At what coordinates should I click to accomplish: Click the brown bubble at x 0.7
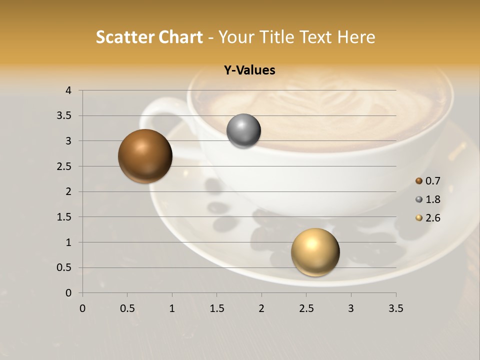pyautogui.click(x=145, y=156)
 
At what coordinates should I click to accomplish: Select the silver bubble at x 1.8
pyautogui.click(x=243, y=131)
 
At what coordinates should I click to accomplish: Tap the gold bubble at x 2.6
pyautogui.click(x=315, y=252)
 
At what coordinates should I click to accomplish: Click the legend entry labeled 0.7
pyautogui.click(x=428, y=181)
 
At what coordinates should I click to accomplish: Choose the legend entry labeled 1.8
pyautogui.click(x=428, y=199)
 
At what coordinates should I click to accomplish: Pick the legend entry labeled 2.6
pyautogui.click(x=428, y=218)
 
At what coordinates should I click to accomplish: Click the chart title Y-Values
pyautogui.click(x=249, y=70)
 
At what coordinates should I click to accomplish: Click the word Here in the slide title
pyautogui.click(x=356, y=37)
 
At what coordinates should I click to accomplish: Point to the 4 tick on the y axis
pyautogui.click(x=68, y=90)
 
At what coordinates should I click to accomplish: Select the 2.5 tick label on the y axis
pyautogui.click(x=64, y=166)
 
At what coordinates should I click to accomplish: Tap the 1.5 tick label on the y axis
pyautogui.click(x=64, y=217)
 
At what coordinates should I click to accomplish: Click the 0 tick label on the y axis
pyautogui.click(x=68, y=293)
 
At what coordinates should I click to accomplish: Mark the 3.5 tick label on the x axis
pyautogui.click(x=395, y=308)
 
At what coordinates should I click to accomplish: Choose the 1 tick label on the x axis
pyautogui.click(x=172, y=308)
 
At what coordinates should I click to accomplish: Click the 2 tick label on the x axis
pyautogui.click(x=261, y=308)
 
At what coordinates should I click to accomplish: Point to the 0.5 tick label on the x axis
pyautogui.click(x=127, y=308)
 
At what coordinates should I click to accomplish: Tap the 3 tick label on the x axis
pyautogui.click(x=351, y=308)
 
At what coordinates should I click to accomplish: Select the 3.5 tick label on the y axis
pyautogui.click(x=64, y=116)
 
